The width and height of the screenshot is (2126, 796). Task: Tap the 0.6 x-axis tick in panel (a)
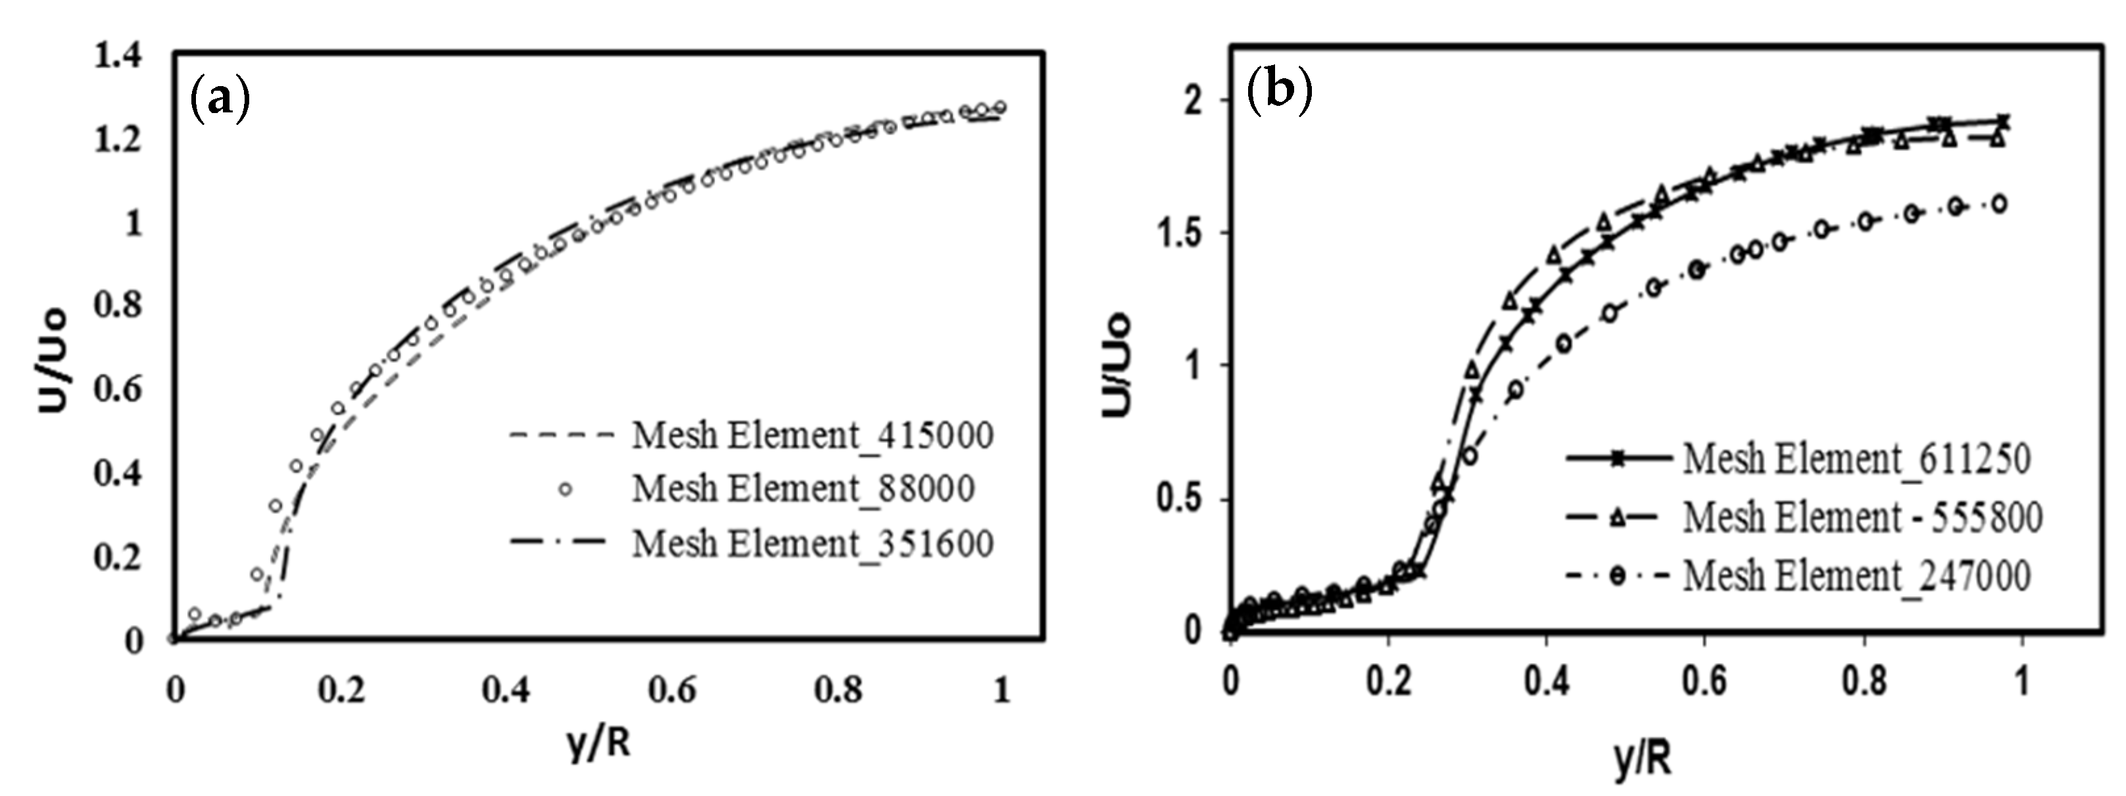pos(672,690)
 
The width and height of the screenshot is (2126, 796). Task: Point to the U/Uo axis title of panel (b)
pos(1119,365)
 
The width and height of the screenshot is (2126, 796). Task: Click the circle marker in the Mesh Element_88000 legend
pos(566,489)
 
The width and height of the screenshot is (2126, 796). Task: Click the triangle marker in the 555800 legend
pos(1618,518)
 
